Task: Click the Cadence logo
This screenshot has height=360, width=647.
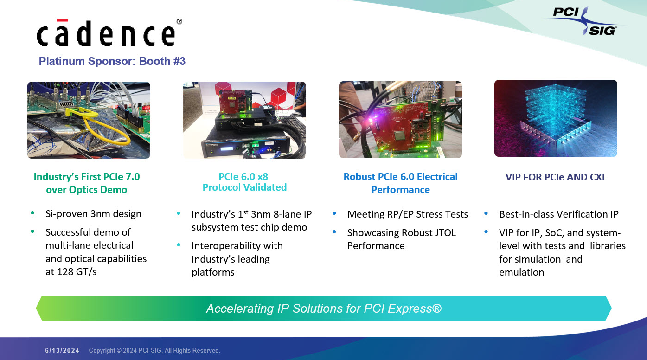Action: click(x=109, y=32)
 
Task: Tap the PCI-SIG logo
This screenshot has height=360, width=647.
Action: click(x=584, y=21)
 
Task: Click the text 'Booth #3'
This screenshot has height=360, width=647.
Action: click(x=162, y=61)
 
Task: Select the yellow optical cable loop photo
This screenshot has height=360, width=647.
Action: click(x=89, y=120)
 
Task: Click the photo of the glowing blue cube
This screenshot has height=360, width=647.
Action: click(x=556, y=118)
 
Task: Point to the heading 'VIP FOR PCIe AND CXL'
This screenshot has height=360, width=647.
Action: click(x=556, y=177)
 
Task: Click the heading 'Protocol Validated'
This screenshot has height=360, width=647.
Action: click(x=244, y=187)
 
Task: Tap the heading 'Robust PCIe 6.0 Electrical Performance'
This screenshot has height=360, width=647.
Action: click(x=400, y=183)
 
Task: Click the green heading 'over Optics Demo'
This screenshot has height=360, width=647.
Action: click(x=87, y=190)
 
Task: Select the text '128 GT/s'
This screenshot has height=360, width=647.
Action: click(x=77, y=272)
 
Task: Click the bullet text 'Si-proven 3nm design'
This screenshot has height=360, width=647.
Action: click(x=93, y=214)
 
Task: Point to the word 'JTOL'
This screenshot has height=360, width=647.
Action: click(x=443, y=232)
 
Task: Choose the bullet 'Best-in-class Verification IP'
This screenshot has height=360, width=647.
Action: click(x=558, y=214)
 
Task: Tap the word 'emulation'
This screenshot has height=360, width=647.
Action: click(x=521, y=272)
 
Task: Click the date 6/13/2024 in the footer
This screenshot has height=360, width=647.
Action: click(x=62, y=350)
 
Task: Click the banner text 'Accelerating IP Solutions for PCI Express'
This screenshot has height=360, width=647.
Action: click(x=324, y=309)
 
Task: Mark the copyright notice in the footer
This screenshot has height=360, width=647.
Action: click(x=154, y=350)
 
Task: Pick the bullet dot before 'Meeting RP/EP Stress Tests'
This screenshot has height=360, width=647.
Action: click(x=334, y=213)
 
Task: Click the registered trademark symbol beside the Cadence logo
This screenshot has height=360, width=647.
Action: click(x=179, y=21)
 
